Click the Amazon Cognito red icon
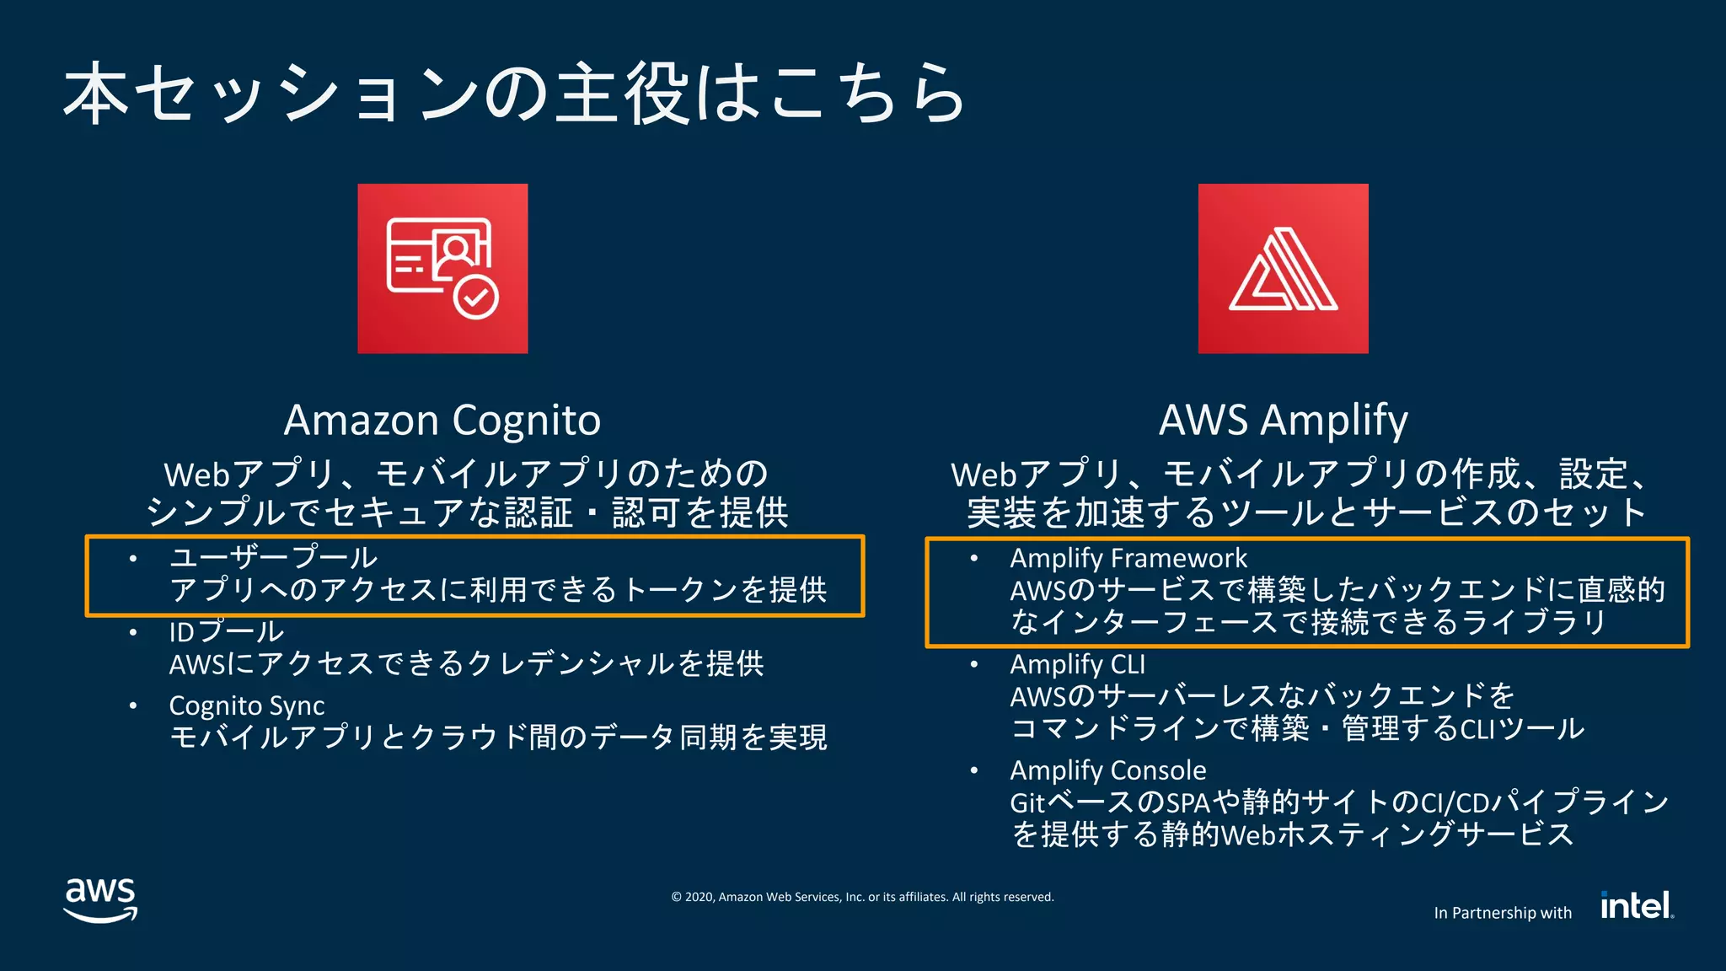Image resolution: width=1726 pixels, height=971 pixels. [x=442, y=268]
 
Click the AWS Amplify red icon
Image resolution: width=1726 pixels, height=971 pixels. [x=1283, y=268]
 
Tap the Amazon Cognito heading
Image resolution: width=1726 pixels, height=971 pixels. [x=442, y=420]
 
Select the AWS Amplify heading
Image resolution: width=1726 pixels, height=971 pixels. [x=1283, y=420]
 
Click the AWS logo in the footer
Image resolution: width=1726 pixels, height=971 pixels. [x=100, y=900]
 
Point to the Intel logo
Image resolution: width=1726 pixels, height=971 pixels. [x=1637, y=905]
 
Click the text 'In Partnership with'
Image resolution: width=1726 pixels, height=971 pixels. [x=1503, y=913]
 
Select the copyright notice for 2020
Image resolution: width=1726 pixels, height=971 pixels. [x=862, y=897]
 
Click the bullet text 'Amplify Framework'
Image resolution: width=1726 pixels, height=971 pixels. [x=1128, y=558]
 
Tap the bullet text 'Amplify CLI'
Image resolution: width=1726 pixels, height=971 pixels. [x=1077, y=664]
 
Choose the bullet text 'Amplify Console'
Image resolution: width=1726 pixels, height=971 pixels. [x=1107, y=770]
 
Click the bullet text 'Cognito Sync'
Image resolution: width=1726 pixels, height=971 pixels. [x=246, y=705]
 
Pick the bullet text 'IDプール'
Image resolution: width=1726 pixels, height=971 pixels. [x=226, y=631]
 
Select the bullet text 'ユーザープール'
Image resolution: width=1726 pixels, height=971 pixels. [x=273, y=557]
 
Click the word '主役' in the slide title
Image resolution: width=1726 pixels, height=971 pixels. [x=622, y=93]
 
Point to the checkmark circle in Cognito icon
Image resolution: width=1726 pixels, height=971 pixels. [x=476, y=297]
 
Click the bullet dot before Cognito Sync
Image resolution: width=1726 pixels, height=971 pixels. [x=133, y=705]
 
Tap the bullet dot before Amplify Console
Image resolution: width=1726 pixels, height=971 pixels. [x=974, y=770]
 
